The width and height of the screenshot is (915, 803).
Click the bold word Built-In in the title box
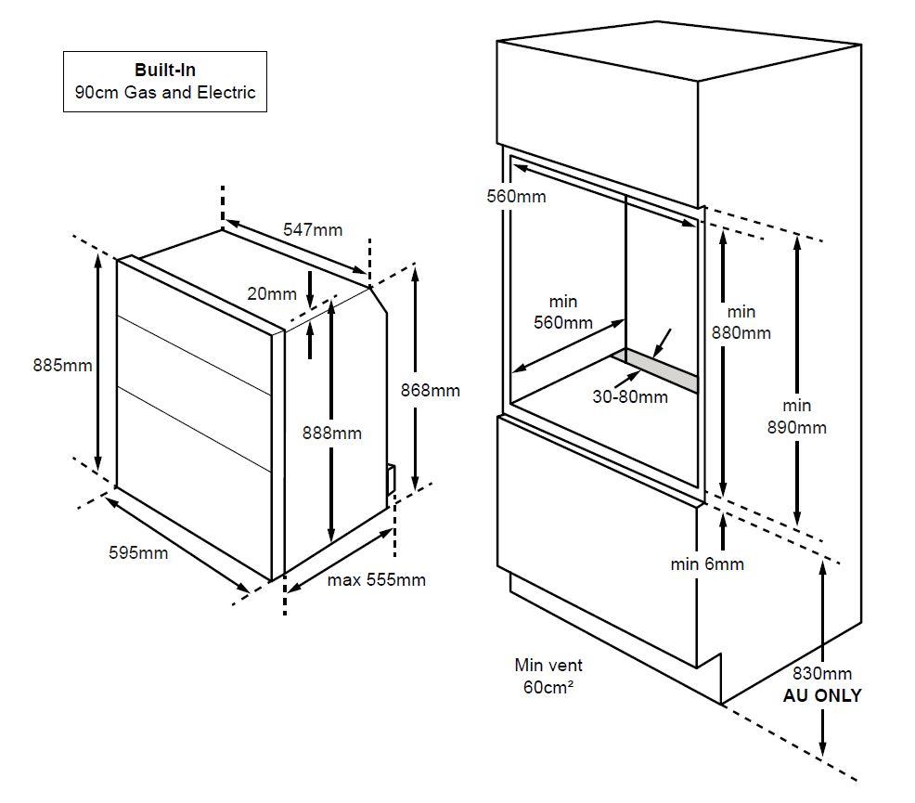(x=165, y=70)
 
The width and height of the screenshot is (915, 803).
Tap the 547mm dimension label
(x=313, y=230)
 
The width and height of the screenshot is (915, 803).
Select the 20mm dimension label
(x=272, y=293)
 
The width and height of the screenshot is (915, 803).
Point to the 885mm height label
(x=62, y=366)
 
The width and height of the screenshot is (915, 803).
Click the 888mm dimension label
(x=332, y=433)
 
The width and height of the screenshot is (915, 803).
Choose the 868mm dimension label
(x=430, y=391)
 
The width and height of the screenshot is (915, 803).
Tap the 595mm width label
(x=138, y=552)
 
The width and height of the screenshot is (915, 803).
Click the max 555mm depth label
(x=377, y=580)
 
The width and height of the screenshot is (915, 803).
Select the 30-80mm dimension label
(x=630, y=396)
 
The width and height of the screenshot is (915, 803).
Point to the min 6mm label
(x=707, y=564)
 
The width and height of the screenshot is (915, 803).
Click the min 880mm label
(x=741, y=322)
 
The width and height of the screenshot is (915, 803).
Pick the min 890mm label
(x=796, y=417)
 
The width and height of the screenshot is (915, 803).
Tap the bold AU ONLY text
(x=822, y=695)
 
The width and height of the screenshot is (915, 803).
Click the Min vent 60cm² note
(x=548, y=677)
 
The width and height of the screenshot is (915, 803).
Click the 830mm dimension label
(x=822, y=673)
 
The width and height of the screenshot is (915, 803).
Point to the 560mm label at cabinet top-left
(x=517, y=197)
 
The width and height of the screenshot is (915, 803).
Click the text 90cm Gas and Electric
(x=165, y=93)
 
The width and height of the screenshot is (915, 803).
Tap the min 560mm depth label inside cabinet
(x=563, y=312)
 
